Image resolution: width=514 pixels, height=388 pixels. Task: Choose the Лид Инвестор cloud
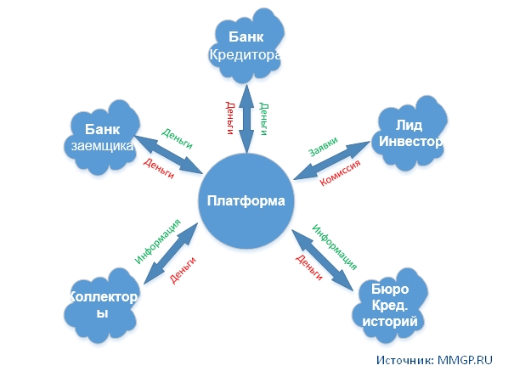coord(409,132)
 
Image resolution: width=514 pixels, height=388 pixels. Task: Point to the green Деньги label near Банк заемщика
coord(177,136)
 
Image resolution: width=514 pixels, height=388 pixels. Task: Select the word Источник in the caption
coord(404,360)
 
